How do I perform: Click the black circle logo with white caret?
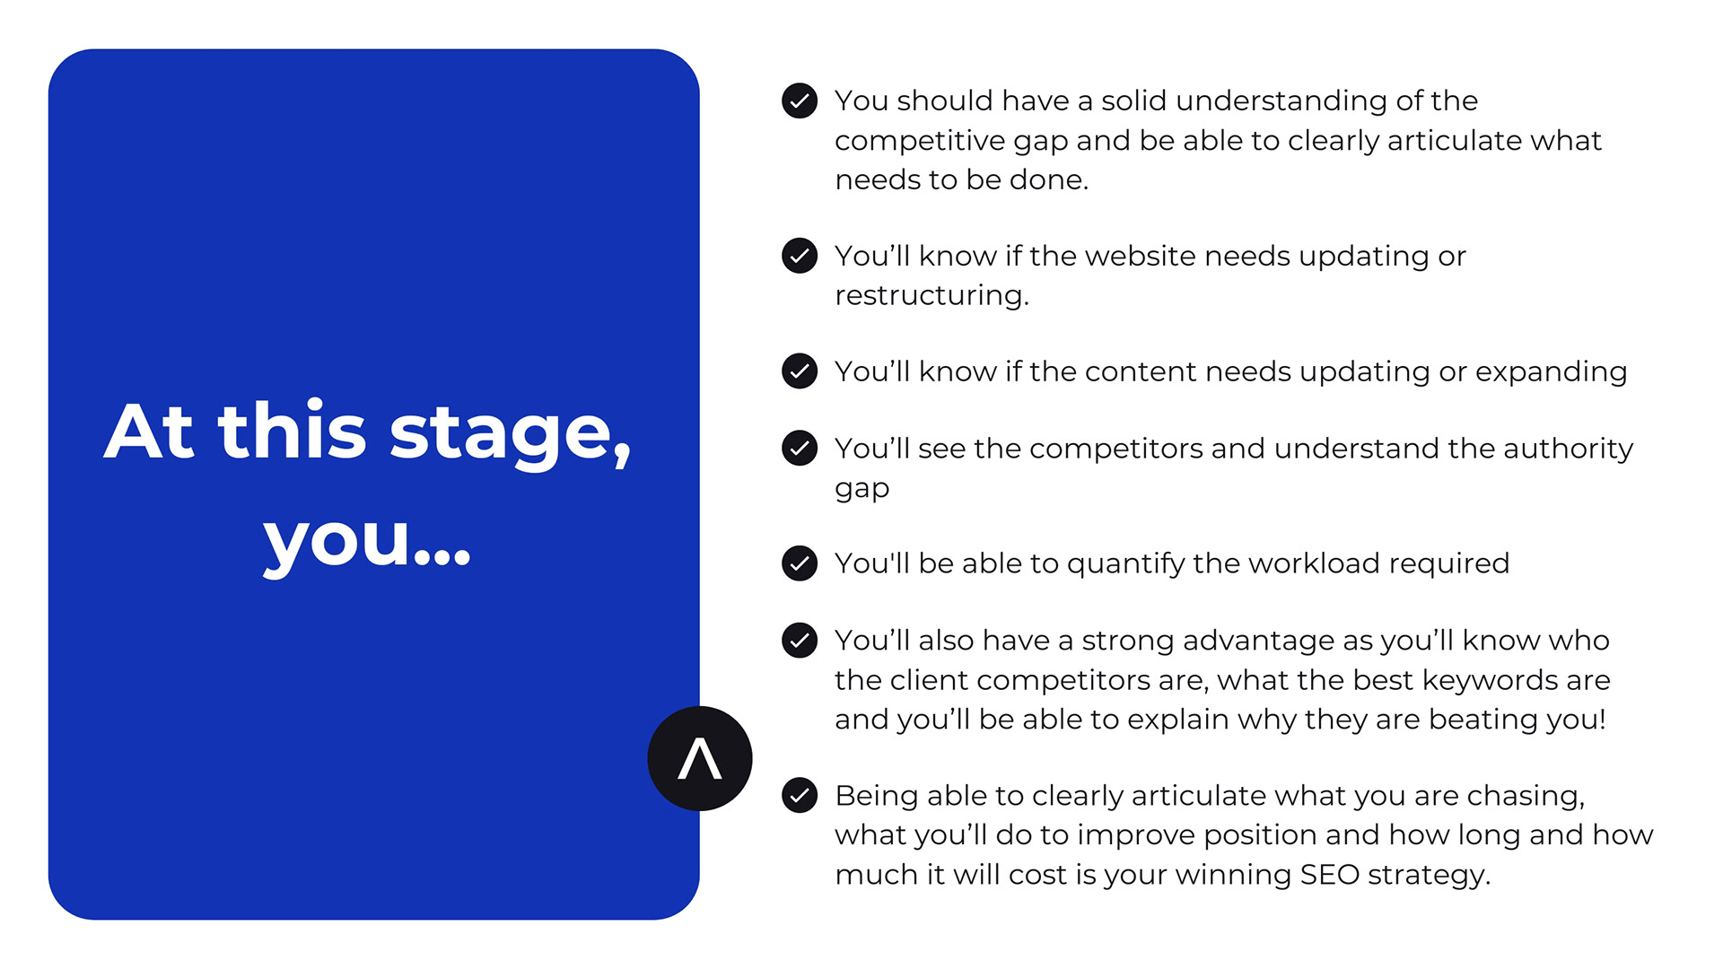700,758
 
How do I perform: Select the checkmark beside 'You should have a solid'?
800,100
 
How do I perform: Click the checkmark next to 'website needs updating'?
800,256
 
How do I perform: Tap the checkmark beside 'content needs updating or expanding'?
800,371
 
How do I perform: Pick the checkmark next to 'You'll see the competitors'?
800,448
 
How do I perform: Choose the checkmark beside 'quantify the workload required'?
800,563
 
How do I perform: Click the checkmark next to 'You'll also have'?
800,641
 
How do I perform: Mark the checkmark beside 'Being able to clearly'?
800,795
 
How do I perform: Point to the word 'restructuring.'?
931,296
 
